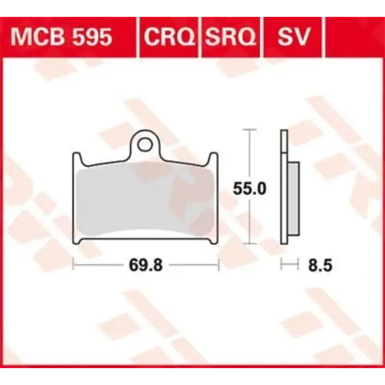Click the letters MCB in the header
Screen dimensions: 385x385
(x=39, y=37)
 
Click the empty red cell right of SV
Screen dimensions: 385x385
(x=349, y=37)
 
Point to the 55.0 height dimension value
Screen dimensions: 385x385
(x=249, y=189)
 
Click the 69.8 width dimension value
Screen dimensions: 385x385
(x=145, y=265)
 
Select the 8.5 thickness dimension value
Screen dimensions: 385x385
(x=321, y=265)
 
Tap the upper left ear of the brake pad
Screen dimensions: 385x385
(x=76, y=157)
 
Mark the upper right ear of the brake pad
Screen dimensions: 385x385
(x=214, y=157)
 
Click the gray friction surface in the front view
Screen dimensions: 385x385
(x=144, y=200)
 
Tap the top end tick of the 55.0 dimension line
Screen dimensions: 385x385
(x=248, y=130)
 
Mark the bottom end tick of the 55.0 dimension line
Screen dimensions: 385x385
(x=248, y=244)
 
